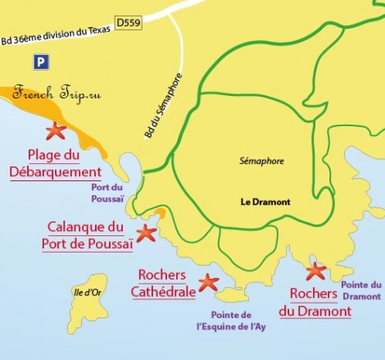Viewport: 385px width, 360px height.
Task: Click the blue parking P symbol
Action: [40, 62]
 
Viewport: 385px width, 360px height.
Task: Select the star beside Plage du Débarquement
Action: [55, 130]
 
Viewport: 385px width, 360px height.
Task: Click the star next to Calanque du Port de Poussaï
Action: [146, 233]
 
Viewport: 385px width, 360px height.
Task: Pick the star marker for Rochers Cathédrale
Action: [208, 282]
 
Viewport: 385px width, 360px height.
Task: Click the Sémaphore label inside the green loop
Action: [261, 162]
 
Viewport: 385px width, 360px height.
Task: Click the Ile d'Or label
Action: [84, 289]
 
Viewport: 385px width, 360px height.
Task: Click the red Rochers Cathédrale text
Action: [162, 283]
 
